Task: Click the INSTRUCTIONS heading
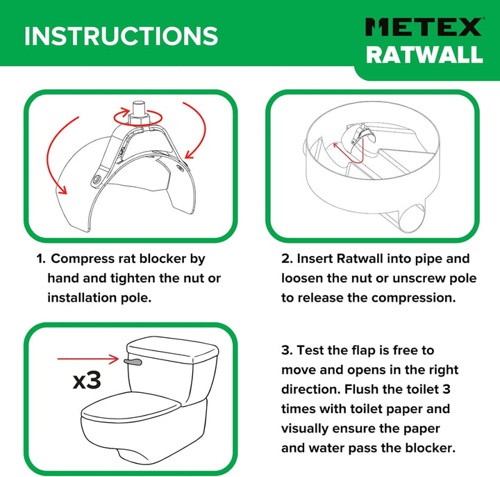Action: coord(121,36)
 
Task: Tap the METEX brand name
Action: coord(424,27)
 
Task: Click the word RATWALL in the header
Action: coord(424,55)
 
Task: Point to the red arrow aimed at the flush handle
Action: coord(87,359)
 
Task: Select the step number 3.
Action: coord(285,350)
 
